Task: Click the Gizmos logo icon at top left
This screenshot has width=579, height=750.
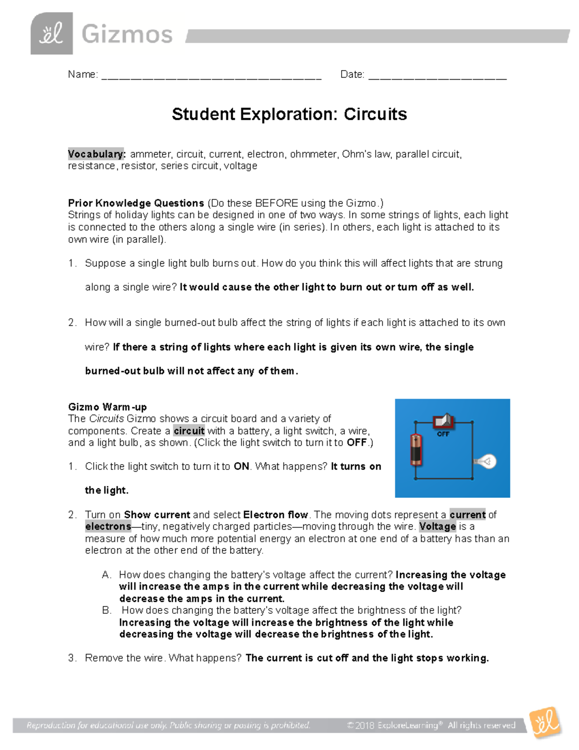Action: [52, 34]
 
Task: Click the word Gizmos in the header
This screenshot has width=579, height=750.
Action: [127, 35]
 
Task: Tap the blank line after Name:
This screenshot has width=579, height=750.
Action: [211, 75]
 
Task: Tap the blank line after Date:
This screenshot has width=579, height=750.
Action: [437, 75]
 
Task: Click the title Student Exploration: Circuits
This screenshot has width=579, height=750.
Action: [289, 114]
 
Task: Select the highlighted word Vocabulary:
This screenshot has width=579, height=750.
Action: [97, 154]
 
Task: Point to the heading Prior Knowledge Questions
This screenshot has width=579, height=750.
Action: [136, 203]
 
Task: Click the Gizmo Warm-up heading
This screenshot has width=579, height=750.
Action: [107, 407]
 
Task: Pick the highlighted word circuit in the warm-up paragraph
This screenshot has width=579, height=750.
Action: [189, 431]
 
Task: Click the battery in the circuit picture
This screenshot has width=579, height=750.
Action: [416, 449]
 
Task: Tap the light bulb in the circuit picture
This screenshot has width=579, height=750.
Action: [486, 461]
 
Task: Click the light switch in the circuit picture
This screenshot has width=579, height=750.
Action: [443, 421]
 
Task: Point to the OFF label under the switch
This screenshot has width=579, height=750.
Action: [443, 434]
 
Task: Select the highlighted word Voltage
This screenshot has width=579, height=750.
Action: [437, 526]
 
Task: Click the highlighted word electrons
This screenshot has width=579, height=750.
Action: [108, 526]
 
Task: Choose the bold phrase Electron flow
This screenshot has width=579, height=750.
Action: [276, 514]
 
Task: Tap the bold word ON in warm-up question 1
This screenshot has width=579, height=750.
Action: [241, 467]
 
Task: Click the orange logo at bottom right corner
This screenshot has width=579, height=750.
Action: [545, 722]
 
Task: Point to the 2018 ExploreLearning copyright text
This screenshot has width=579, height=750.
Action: [431, 725]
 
